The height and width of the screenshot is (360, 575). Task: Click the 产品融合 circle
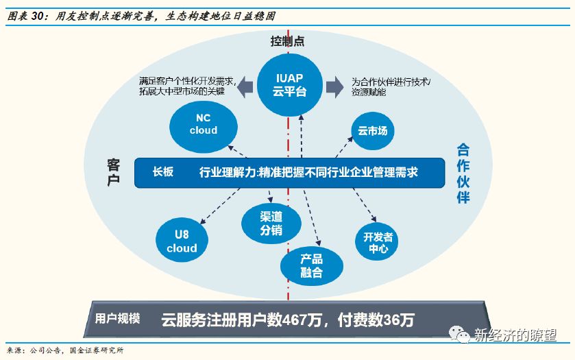click(x=311, y=265)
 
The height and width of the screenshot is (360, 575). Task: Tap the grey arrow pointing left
click(x=244, y=85)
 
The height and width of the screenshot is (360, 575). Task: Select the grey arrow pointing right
click(x=334, y=85)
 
